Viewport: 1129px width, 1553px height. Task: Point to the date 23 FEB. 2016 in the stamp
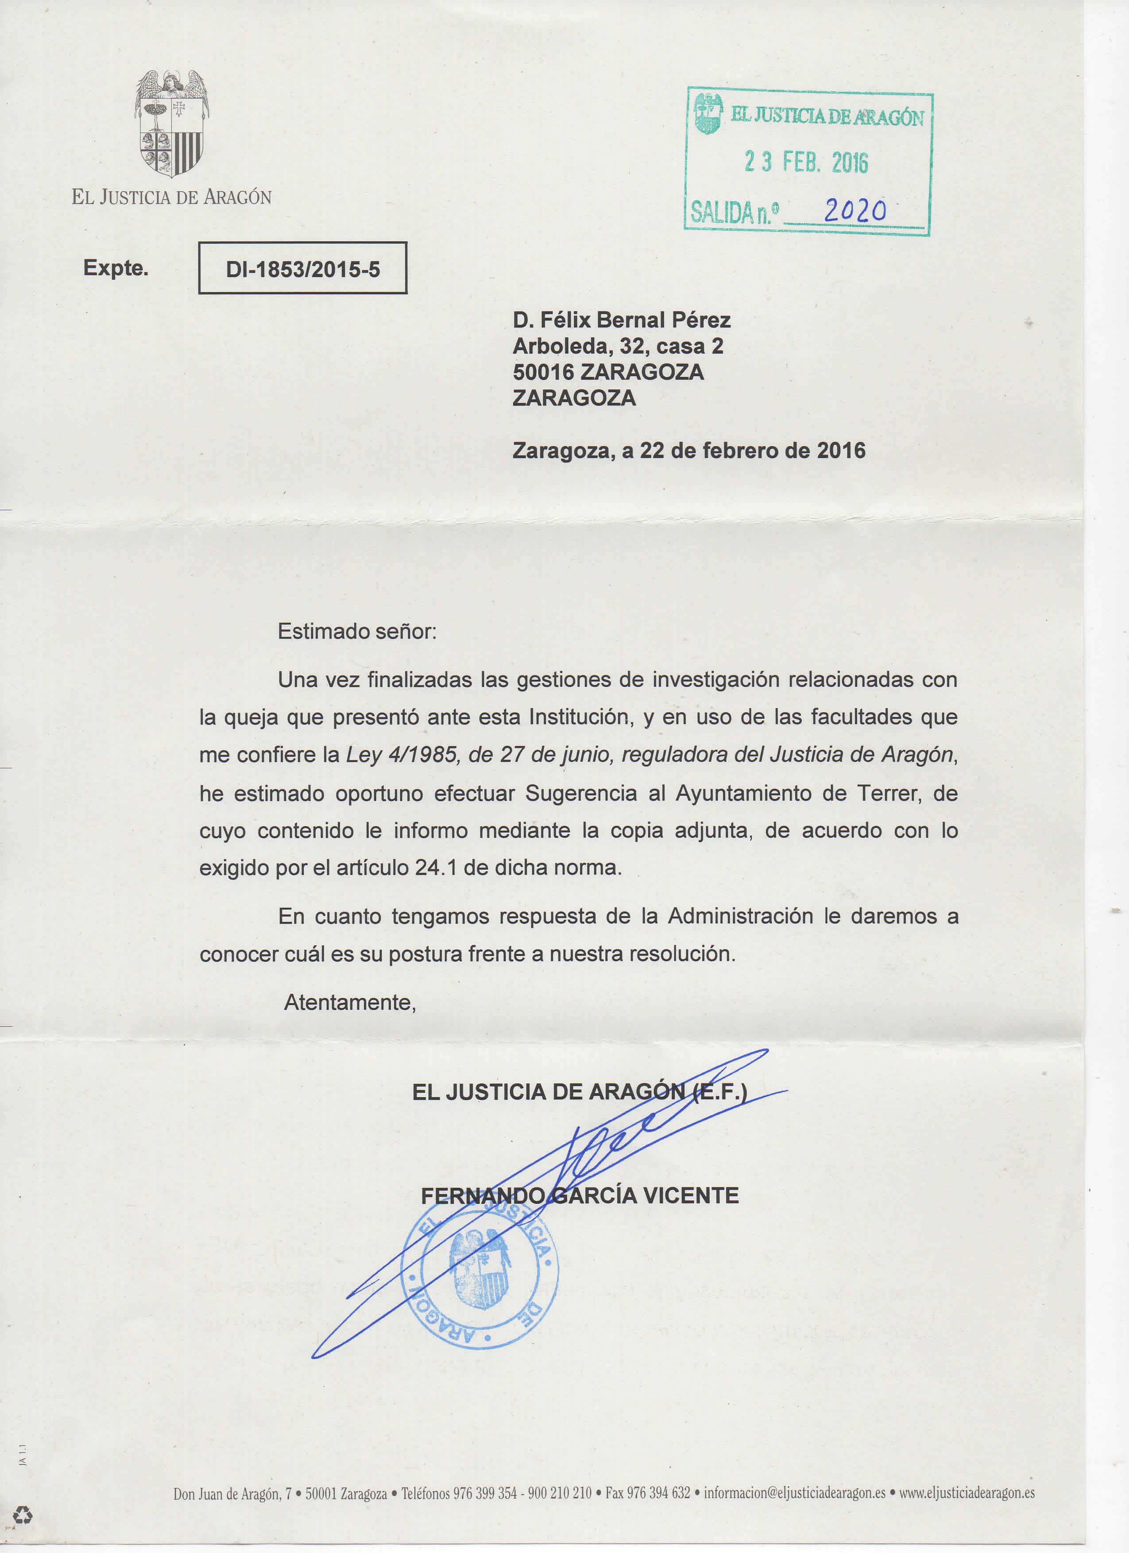click(x=806, y=162)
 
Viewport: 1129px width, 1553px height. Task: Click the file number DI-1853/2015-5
click(x=303, y=269)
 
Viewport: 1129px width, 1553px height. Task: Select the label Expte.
click(x=116, y=268)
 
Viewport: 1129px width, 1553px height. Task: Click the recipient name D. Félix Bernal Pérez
click(x=621, y=320)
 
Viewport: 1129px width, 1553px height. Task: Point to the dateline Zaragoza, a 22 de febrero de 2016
click(x=688, y=451)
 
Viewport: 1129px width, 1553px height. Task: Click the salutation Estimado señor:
click(x=356, y=631)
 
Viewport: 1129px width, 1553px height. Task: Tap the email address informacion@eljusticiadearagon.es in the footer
click(x=795, y=1493)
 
